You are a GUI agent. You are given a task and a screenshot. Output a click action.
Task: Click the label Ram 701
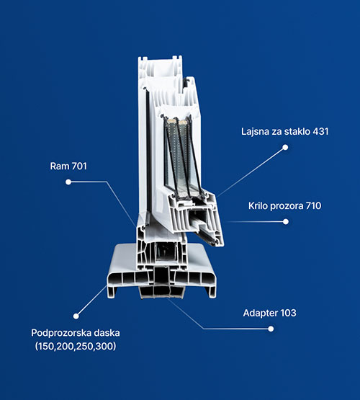pyautogui.click(x=68, y=166)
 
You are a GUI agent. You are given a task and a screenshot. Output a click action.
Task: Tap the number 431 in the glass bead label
pyautogui.click(x=320, y=131)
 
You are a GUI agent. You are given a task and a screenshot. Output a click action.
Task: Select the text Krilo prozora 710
pyautogui.click(x=284, y=205)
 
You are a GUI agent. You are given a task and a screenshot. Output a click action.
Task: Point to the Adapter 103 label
pyautogui.click(x=269, y=313)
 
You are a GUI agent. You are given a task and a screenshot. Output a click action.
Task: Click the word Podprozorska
pyautogui.click(x=61, y=333)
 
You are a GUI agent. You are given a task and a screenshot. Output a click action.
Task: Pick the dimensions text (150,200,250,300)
pyautogui.click(x=76, y=346)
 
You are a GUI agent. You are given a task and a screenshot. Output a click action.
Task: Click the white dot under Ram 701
pyautogui.click(x=68, y=182)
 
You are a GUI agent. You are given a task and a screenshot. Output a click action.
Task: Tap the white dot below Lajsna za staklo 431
pyautogui.click(x=285, y=147)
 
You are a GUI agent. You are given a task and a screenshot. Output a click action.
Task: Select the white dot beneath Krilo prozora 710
pyautogui.click(x=286, y=221)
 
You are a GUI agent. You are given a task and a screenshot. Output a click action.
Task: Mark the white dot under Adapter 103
pyautogui.click(x=271, y=329)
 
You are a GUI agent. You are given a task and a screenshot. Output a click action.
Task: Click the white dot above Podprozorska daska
pyautogui.click(x=76, y=316)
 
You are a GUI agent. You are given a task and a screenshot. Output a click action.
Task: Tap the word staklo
pyautogui.click(x=297, y=131)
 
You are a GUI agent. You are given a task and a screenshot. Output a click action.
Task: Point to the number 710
pyautogui.click(x=314, y=205)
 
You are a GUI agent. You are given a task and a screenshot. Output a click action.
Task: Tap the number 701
pyautogui.click(x=79, y=166)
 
